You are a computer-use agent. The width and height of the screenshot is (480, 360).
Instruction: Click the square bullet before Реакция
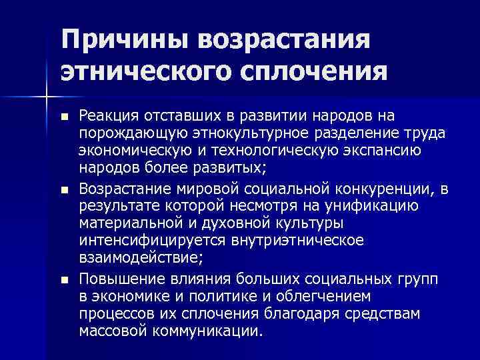tap(64, 117)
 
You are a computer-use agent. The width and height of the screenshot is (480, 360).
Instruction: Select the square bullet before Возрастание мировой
tap(64, 190)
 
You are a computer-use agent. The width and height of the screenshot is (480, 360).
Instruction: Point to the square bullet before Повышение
tap(64, 279)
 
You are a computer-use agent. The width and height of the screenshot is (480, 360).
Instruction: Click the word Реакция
tap(108, 117)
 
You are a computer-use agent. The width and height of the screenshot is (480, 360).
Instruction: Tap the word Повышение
tap(119, 279)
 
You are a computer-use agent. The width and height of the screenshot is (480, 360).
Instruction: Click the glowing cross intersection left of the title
tap(46, 97)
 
